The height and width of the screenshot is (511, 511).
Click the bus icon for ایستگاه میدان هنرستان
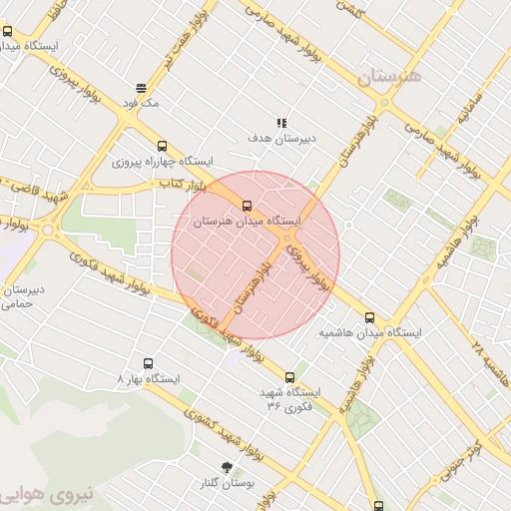(x=248, y=207)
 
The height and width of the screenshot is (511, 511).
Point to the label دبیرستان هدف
(x=281, y=138)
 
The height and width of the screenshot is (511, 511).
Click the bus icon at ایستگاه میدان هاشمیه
(x=370, y=317)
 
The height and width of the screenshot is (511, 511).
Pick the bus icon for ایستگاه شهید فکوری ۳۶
(x=290, y=377)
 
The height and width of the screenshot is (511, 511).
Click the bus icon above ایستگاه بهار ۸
(x=149, y=363)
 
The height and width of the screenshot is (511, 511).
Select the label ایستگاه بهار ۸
(x=149, y=379)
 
